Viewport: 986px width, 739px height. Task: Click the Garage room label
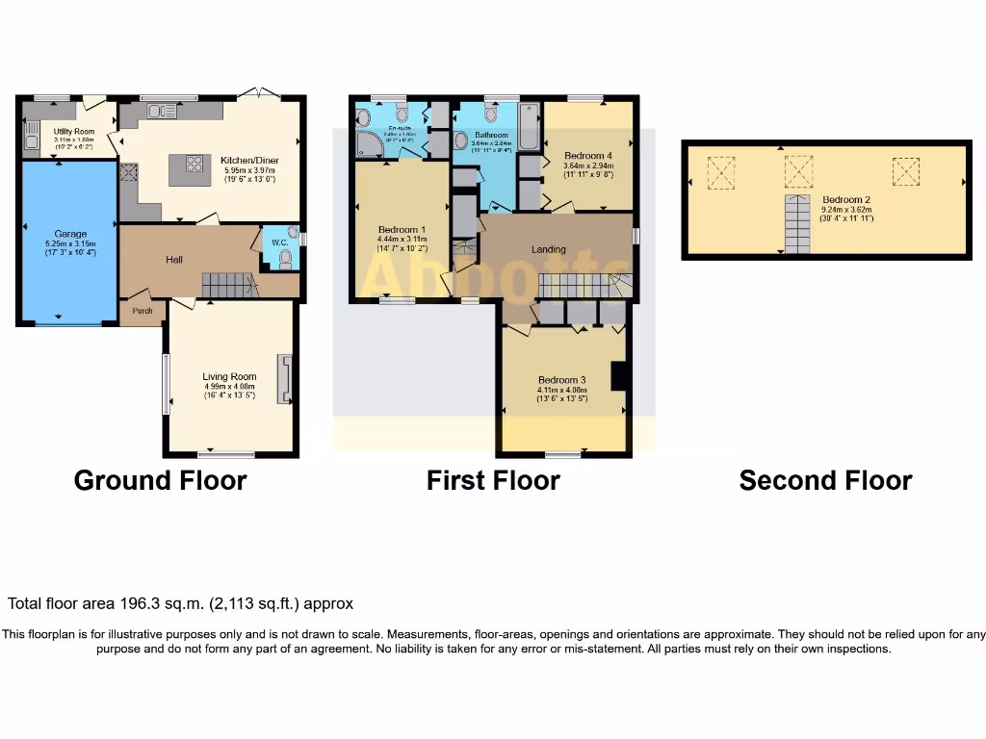click(x=70, y=234)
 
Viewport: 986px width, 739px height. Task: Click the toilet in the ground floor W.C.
click(x=284, y=257)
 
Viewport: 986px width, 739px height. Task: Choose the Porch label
click(x=143, y=311)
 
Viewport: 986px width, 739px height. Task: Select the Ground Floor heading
click(x=160, y=480)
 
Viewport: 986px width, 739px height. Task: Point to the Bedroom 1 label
click(x=402, y=229)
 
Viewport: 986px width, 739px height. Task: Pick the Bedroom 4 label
click(x=587, y=156)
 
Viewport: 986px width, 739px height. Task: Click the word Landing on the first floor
click(x=549, y=249)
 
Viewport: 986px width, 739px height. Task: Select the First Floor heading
click(x=493, y=480)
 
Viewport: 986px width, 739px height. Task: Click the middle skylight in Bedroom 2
click(x=798, y=172)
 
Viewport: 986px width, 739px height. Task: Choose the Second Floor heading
click(x=825, y=480)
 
